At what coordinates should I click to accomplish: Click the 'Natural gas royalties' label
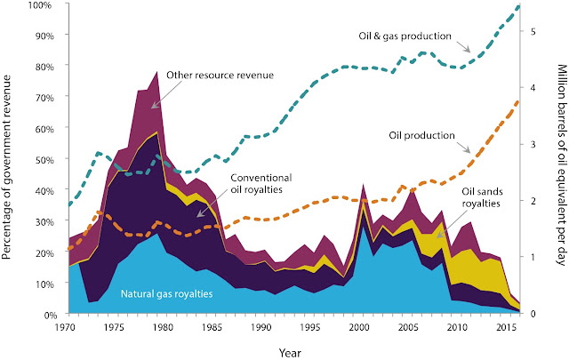pyautogui.click(x=166, y=293)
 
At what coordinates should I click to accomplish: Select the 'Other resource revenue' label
pyautogui.click(x=220, y=76)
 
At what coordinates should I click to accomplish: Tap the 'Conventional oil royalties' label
pyautogui.click(x=260, y=184)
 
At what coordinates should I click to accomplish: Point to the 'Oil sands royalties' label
pyautogui.click(x=482, y=197)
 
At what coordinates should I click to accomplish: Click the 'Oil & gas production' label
pyautogui.click(x=405, y=36)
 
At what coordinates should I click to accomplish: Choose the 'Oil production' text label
pyautogui.click(x=421, y=135)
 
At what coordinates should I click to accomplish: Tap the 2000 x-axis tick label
pyautogui.click(x=359, y=328)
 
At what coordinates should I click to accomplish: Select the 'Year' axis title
pyautogui.click(x=290, y=352)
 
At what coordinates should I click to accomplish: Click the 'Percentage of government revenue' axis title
pyautogui.click(x=7, y=167)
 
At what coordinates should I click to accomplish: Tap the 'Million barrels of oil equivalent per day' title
pyautogui.click(x=562, y=165)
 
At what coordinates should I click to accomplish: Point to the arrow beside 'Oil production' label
pyautogui.click(x=463, y=148)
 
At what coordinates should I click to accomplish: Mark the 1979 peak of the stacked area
pyautogui.click(x=156, y=71)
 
